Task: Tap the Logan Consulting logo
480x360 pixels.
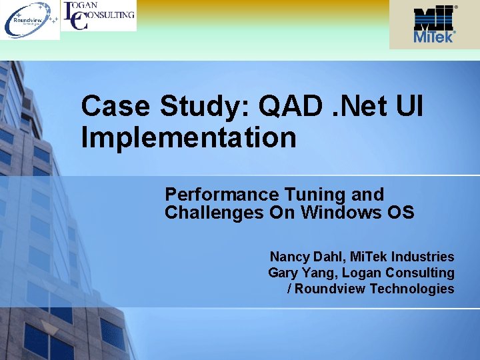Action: pyautogui.click(x=99, y=15)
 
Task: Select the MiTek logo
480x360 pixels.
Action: pyautogui.click(x=435, y=25)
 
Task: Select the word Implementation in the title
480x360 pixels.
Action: pyautogui.click(x=189, y=138)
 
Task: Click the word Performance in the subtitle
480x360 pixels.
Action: pyautogui.click(x=222, y=195)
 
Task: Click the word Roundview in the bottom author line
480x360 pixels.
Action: pyautogui.click(x=331, y=289)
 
